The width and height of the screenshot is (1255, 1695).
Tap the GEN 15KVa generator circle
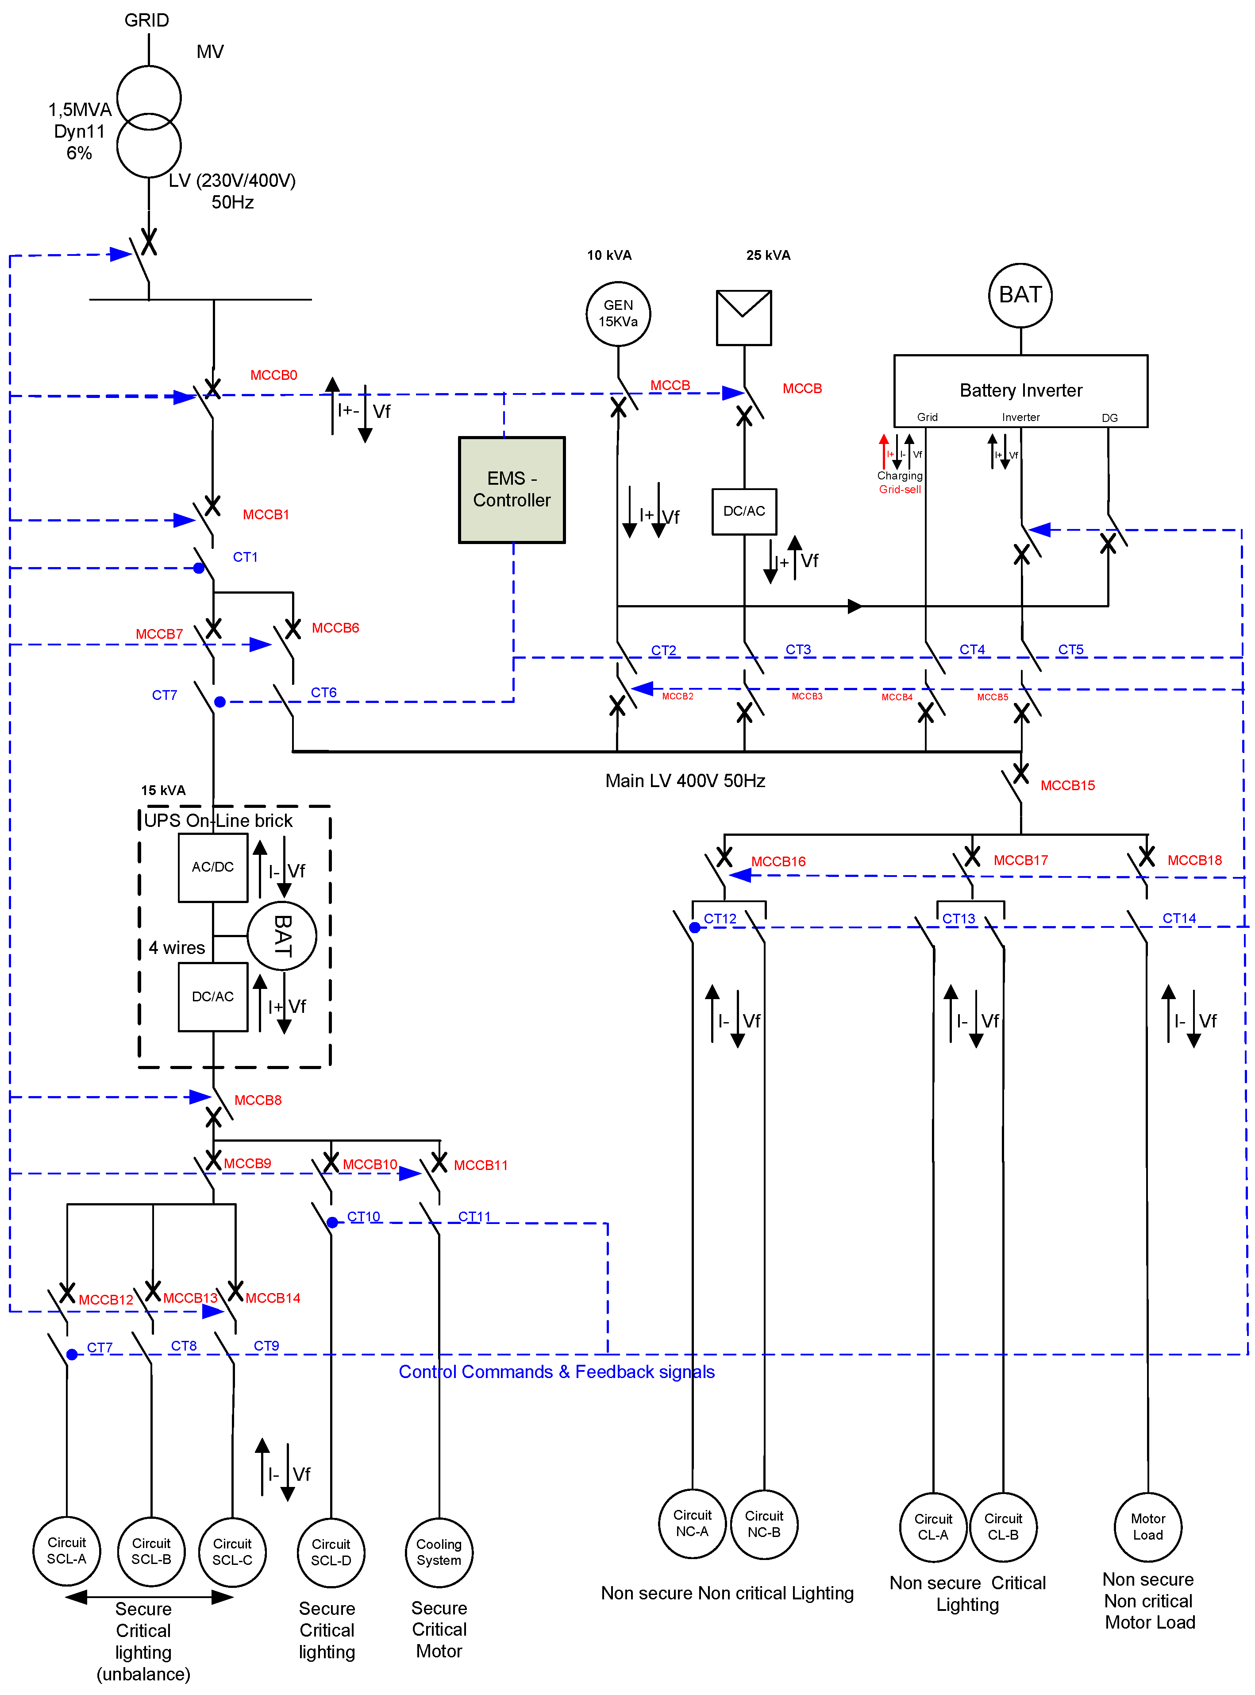click(618, 313)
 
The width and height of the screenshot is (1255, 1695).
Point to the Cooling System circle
click(439, 1552)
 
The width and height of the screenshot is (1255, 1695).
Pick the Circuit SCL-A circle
click(67, 1551)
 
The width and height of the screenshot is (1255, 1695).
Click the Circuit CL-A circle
click(933, 1526)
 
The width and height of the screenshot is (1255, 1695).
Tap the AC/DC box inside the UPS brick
click(213, 867)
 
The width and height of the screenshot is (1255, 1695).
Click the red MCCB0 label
click(273, 375)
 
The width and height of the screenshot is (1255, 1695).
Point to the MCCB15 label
click(1067, 786)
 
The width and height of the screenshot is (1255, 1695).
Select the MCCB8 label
click(258, 1100)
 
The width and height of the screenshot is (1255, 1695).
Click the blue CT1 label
click(245, 557)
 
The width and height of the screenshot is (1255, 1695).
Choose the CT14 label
click(1178, 919)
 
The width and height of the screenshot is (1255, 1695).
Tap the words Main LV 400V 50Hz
click(685, 781)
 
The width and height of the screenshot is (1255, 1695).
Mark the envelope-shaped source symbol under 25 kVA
click(744, 317)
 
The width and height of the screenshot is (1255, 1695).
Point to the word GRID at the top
click(146, 20)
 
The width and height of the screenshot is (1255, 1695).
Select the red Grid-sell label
click(900, 489)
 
